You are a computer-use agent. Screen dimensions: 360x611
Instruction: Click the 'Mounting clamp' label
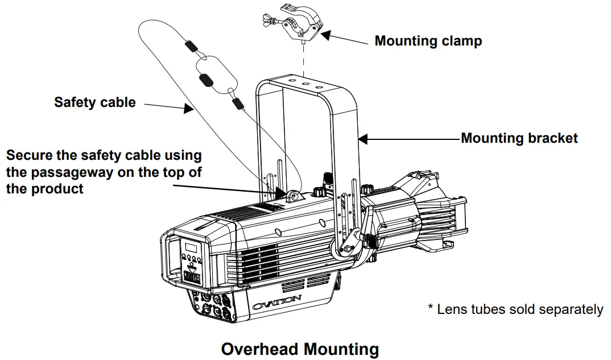click(x=428, y=41)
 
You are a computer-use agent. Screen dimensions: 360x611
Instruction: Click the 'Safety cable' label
click(x=95, y=102)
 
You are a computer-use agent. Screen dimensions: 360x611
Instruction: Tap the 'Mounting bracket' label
click(x=519, y=138)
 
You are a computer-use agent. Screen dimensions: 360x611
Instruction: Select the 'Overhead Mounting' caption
click(x=300, y=348)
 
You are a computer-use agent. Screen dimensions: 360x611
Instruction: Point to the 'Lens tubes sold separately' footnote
click(x=519, y=309)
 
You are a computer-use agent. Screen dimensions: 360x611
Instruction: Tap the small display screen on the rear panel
click(x=189, y=248)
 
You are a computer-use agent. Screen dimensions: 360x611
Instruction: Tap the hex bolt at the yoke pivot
click(x=347, y=249)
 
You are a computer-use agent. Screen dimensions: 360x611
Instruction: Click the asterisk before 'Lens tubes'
click(x=431, y=308)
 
